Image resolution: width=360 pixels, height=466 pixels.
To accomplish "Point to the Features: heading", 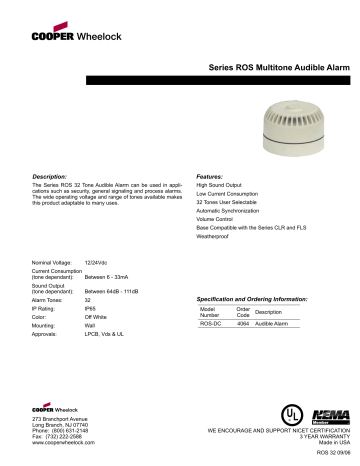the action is [x=209, y=175].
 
